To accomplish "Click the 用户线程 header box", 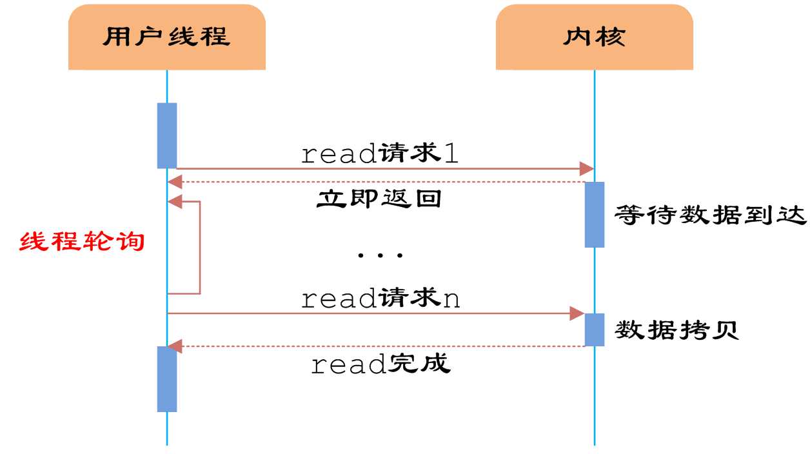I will click(x=166, y=37).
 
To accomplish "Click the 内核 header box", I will click(x=594, y=37).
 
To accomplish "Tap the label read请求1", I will click(x=380, y=154).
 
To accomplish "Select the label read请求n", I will click(x=380, y=299).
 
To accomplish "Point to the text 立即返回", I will click(x=379, y=199).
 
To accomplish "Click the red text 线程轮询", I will click(x=82, y=242).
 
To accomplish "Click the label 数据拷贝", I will click(x=677, y=330).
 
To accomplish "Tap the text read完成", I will click(x=380, y=365).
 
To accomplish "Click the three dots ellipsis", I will click(x=380, y=255).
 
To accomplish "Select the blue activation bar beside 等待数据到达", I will click(x=594, y=214).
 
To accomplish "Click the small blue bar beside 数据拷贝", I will click(x=594, y=330).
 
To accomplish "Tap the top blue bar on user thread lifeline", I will click(x=167, y=135).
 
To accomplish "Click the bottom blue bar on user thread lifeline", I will click(x=167, y=379).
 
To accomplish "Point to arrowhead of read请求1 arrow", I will click(x=587, y=169).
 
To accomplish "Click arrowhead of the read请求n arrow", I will click(x=577, y=313).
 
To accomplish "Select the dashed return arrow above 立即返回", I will click(x=380, y=183).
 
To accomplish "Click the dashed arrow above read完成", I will click(x=380, y=346).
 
